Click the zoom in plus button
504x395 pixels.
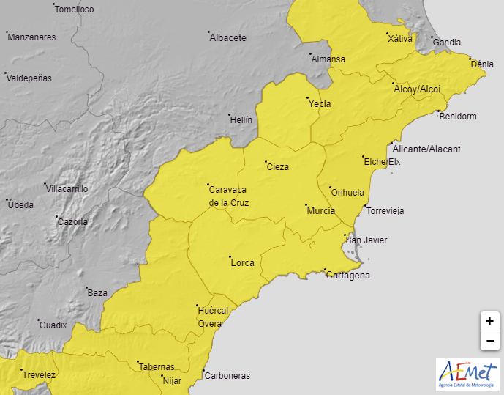[x=489, y=321]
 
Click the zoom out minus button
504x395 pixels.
[x=489, y=340]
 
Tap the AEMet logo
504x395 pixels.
[x=467, y=374]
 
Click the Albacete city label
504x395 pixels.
[x=227, y=37]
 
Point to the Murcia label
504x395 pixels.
[x=320, y=210]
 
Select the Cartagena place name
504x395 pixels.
[x=347, y=276]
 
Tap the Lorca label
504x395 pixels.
[x=241, y=262]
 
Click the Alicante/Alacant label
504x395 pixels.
[x=426, y=149]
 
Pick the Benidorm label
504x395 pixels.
[x=457, y=117]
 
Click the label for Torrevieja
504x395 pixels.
[x=385, y=211]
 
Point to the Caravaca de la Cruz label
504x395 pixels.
[x=229, y=196]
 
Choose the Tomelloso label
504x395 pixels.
[x=75, y=10]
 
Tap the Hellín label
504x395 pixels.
[x=241, y=119]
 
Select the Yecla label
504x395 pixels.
[x=320, y=103]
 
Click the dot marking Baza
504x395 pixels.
[x=86, y=288]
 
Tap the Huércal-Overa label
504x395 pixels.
[x=214, y=317]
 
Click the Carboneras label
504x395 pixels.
[x=227, y=376]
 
